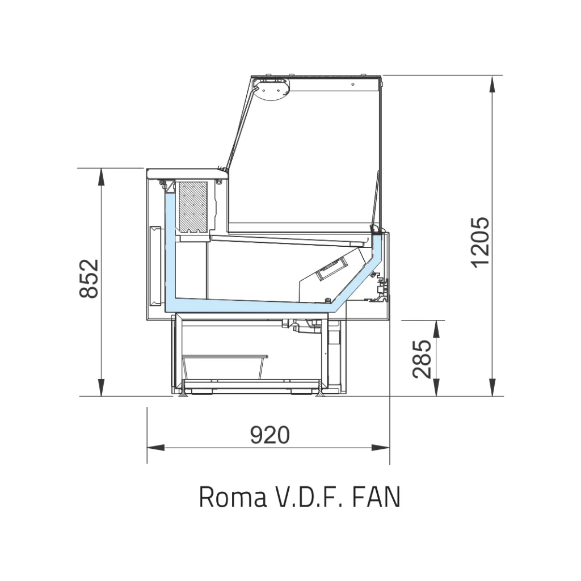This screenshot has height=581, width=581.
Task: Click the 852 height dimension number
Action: click(89, 278)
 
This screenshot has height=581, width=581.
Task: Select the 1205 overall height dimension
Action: click(481, 242)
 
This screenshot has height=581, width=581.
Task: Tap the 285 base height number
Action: click(422, 359)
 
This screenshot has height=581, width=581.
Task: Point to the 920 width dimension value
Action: click(270, 435)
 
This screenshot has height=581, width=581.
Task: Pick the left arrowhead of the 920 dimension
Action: click(155, 448)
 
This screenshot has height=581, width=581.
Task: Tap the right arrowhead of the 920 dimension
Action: click(381, 448)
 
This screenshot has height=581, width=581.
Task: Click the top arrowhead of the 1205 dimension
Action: click(492, 85)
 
